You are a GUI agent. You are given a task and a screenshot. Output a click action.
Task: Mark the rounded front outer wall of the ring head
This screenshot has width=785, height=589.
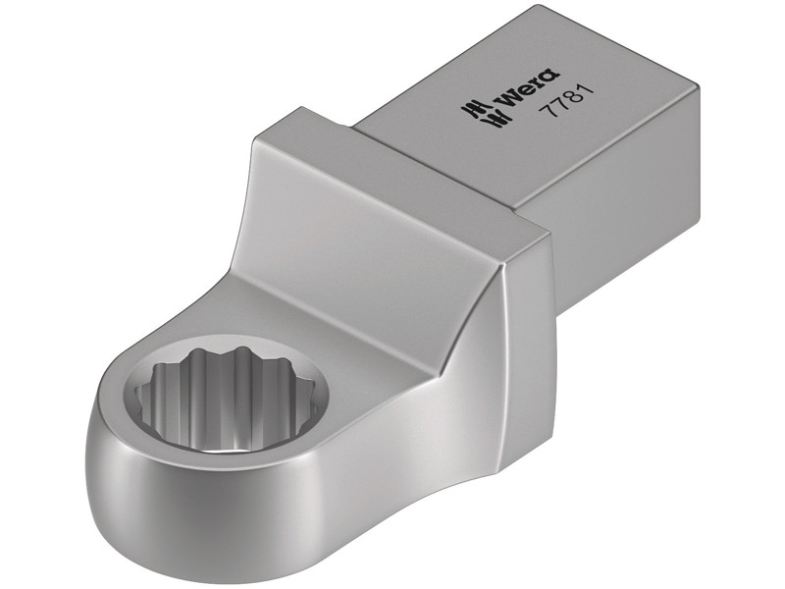[196, 510]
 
